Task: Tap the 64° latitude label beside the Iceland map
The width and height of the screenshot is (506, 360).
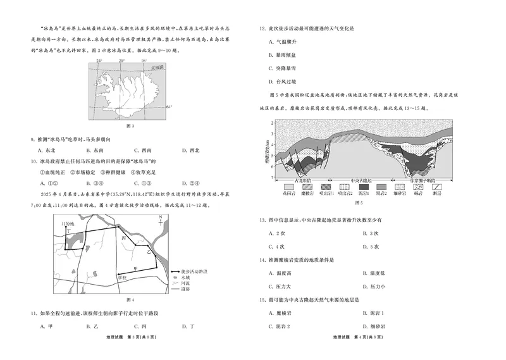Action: point(169,107)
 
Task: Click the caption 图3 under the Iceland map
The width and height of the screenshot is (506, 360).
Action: point(130,125)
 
